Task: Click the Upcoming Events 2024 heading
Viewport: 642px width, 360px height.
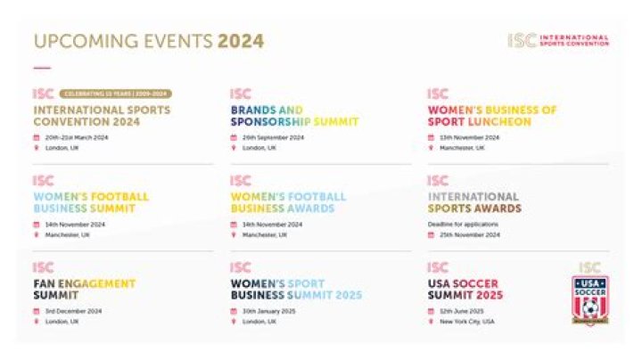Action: point(149,42)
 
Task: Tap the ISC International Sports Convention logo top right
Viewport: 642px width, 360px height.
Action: point(558,41)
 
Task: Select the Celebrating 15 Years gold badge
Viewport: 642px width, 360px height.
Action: point(115,94)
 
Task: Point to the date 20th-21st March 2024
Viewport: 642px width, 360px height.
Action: point(77,138)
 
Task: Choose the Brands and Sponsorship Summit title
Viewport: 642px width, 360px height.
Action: point(293,116)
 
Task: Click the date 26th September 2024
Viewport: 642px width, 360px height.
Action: point(273,138)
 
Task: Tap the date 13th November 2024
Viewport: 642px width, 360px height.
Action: point(469,138)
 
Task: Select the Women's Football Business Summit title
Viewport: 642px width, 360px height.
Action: point(91,202)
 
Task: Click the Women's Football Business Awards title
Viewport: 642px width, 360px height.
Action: point(288,202)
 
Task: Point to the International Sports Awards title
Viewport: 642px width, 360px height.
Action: point(474,202)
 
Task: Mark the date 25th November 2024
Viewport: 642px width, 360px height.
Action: point(469,235)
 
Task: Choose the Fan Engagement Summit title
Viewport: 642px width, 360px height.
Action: point(85,289)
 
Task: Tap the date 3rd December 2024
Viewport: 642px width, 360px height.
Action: point(74,311)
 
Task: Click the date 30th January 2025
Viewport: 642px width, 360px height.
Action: point(269,311)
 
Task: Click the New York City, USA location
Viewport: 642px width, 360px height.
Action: point(467,321)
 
